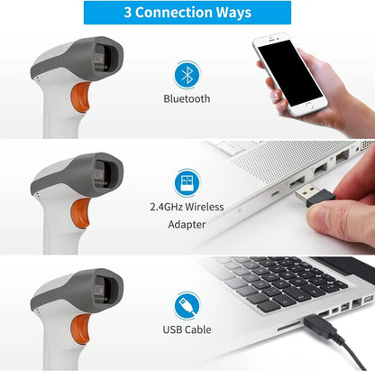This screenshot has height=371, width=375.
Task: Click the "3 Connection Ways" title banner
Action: [x=187, y=13]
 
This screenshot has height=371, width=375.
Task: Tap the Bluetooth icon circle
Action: [x=187, y=74]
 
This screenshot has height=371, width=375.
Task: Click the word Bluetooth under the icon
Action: [x=187, y=99]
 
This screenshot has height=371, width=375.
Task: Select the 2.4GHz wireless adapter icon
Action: [x=187, y=183]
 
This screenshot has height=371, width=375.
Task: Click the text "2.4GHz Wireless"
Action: [x=187, y=207]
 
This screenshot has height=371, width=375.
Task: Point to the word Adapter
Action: [x=187, y=224]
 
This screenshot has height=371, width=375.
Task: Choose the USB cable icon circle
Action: [x=187, y=303]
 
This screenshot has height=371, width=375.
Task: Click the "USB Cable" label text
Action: [x=187, y=331]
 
